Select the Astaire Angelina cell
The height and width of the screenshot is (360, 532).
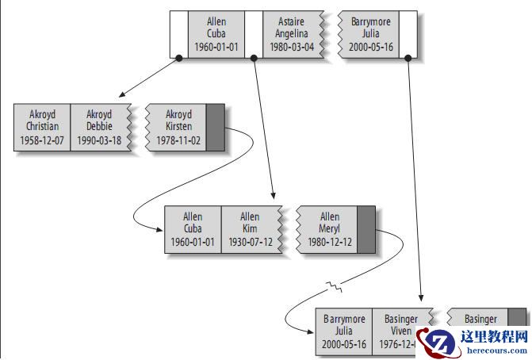point(294,34)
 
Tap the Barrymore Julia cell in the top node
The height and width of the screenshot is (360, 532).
point(370,34)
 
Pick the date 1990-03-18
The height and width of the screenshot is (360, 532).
point(99,140)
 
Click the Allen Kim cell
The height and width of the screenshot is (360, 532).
point(249,229)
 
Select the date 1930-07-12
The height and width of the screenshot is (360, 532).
point(249,242)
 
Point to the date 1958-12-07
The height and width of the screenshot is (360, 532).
point(42,140)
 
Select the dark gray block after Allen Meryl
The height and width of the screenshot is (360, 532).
point(366,229)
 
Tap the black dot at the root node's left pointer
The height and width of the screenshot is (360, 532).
point(179,58)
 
